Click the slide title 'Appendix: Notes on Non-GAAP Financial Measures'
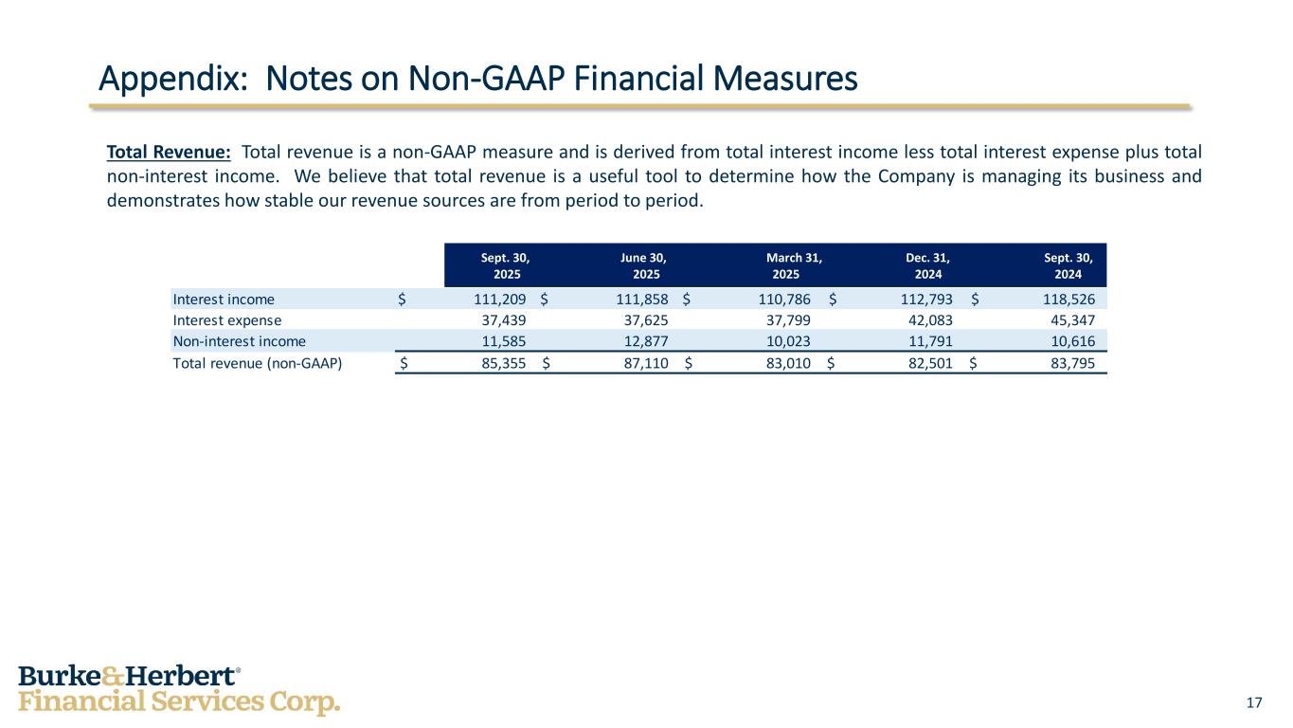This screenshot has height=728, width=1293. click(x=478, y=80)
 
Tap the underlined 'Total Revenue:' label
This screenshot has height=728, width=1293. click(x=169, y=153)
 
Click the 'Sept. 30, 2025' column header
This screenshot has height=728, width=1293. click(x=506, y=265)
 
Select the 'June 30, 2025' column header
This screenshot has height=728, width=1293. click(x=645, y=265)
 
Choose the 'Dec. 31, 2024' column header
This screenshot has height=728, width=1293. click(x=927, y=265)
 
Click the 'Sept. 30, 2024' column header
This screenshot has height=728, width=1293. click(x=1068, y=265)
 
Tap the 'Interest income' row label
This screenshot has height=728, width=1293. click(x=224, y=300)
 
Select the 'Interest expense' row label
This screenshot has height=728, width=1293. click(x=227, y=320)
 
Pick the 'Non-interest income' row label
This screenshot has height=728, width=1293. click(x=239, y=341)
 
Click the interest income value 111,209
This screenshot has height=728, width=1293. click(x=499, y=300)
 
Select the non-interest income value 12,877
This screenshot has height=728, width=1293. click(x=645, y=341)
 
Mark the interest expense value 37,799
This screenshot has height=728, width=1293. click(x=788, y=320)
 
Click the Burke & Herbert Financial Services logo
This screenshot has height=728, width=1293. click(x=179, y=689)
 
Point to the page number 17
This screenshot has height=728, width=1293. click(x=1254, y=702)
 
